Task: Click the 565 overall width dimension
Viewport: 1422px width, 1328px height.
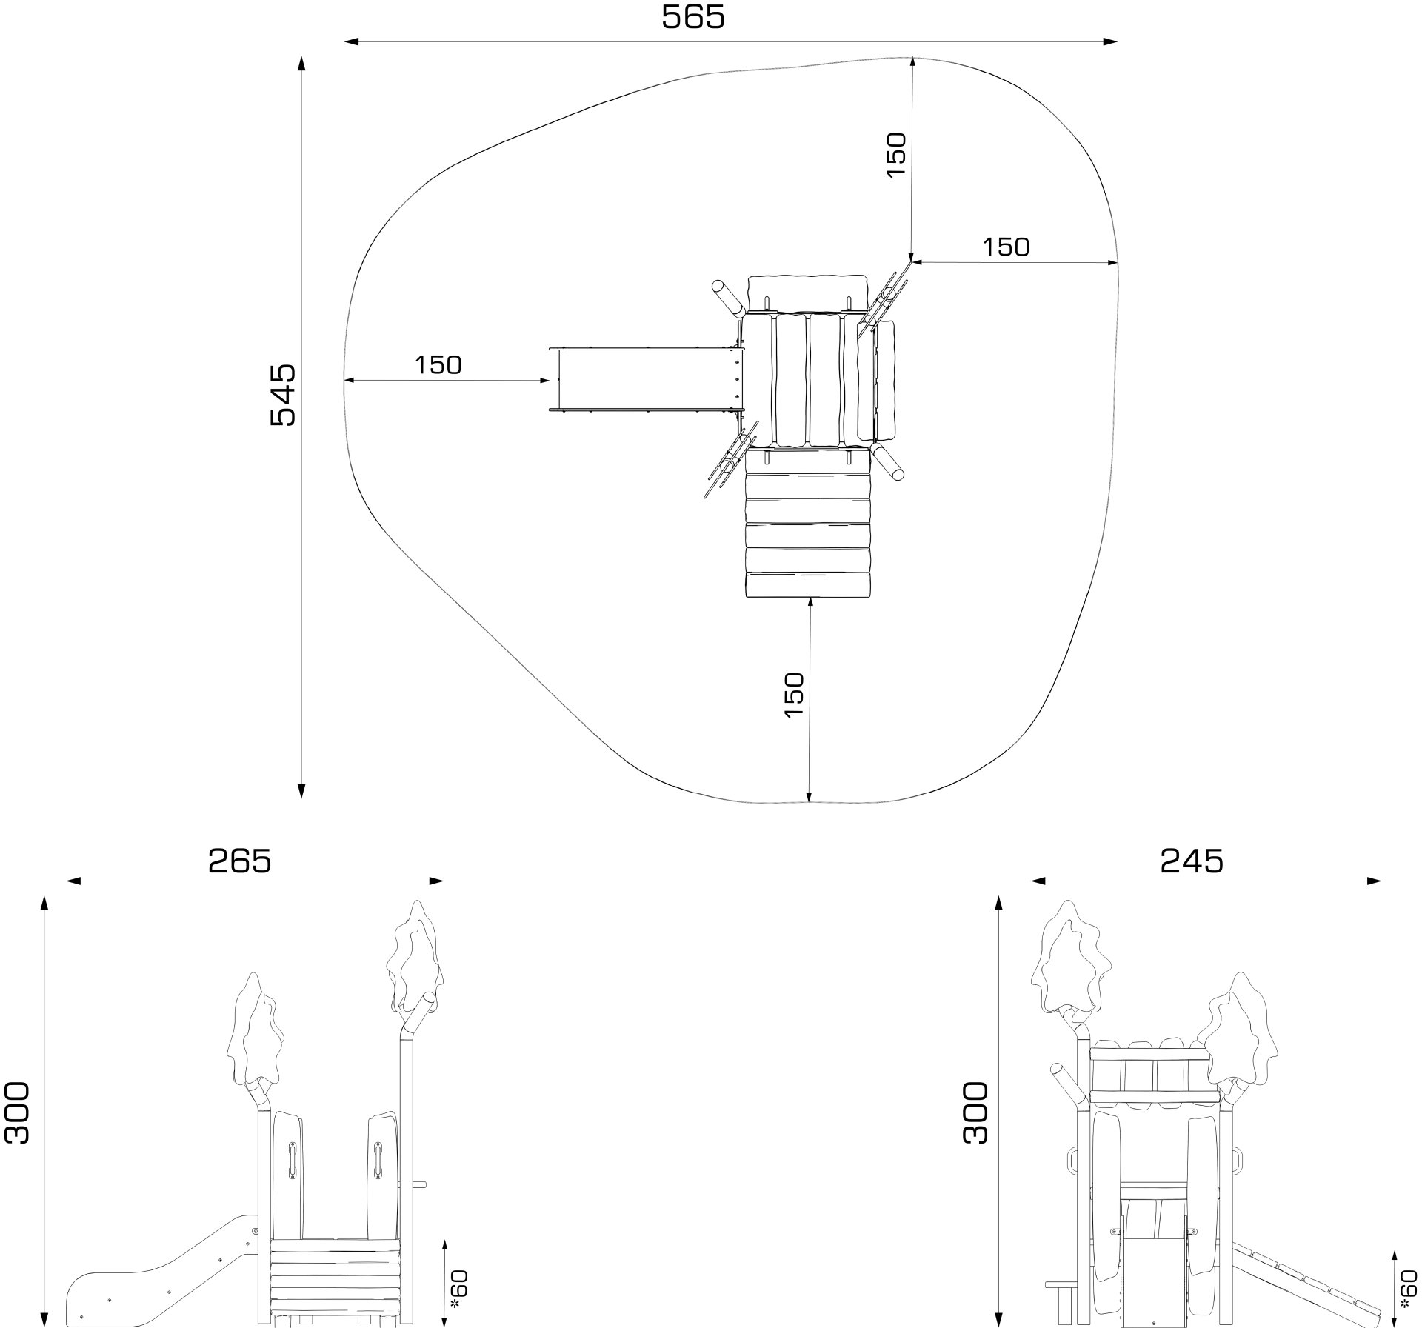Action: click(x=692, y=18)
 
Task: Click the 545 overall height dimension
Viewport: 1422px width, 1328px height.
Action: click(x=282, y=394)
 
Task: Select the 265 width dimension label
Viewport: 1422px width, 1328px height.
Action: click(x=239, y=861)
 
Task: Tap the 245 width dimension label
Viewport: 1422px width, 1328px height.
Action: click(x=1192, y=861)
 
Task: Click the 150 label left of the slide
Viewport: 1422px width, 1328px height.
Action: click(x=438, y=365)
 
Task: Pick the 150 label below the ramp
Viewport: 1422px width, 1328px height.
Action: click(x=793, y=694)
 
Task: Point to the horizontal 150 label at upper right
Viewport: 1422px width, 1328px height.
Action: click(x=1006, y=247)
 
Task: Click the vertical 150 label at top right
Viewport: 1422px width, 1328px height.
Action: click(x=896, y=154)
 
